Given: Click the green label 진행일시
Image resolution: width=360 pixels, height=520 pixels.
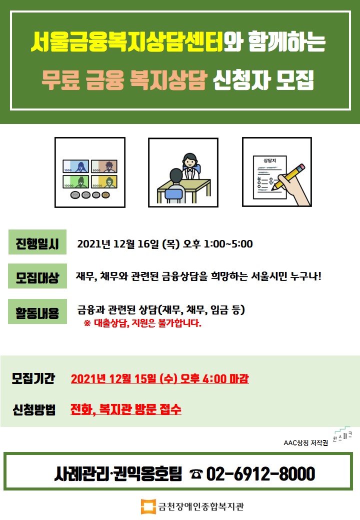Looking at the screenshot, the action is [x=37, y=242].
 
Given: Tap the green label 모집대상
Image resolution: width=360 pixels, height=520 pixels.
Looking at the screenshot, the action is [x=37, y=276].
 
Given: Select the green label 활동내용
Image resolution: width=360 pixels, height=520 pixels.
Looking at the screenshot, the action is [x=37, y=311].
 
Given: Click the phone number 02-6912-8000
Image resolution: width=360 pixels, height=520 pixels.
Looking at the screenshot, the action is [x=260, y=473].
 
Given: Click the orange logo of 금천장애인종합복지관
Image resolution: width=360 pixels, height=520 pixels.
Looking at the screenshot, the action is [x=148, y=506].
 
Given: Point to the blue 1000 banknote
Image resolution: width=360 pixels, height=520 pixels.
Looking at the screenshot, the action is [x=76, y=166].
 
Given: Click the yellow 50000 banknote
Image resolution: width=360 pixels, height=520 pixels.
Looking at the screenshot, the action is [x=104, y=181].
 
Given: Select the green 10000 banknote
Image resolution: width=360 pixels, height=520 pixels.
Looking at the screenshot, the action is [x=76, y=181].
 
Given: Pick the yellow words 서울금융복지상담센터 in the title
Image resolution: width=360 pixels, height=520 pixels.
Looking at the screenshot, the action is [x=127, y=42].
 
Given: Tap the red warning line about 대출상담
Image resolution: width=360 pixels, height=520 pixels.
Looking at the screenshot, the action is [x=142, y=323].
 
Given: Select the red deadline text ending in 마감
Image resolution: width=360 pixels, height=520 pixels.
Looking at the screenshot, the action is [x=160, y=378].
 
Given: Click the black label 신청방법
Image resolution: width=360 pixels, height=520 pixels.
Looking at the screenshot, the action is [x=34, y=409].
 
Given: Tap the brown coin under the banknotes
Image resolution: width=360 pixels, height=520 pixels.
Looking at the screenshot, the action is [x=105, y=195].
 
